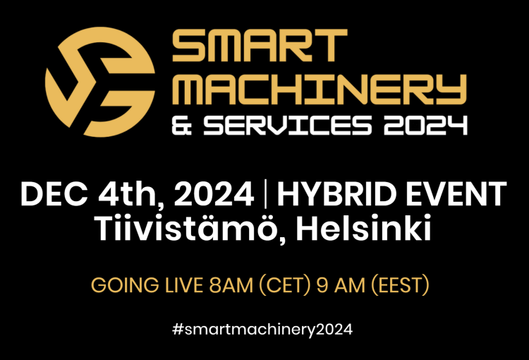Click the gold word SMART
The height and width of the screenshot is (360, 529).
pyautogui.click(x=260, y=45)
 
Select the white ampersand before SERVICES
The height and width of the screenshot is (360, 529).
pyautogui.click(x=182, y=125)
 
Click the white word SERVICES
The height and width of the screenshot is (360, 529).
pyautogui.click(x=288, y=125)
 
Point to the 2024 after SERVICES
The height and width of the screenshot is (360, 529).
pyautogui.click(x=425, y=125)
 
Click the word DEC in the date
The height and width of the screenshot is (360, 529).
pyautogui.click(x=54, y=194)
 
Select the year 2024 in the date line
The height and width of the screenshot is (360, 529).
pyautogui.click(x=214, y=194)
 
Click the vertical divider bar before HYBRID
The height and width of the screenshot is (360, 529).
pyautogui.click(x=265, y=194)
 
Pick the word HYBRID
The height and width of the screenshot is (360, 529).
pyautogui.click(x=337, y=194)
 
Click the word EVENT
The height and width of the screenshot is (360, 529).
pyautogui.click(x=456, y=194)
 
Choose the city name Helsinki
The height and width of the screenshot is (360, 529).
pyautogui.click(x=364, y=227)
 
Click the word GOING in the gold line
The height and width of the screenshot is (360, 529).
pyautogui.click(x=125, y=285)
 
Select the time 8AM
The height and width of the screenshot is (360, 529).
pyautogui.click(x=231, y=285)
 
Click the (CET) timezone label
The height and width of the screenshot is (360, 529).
pyautogui.click(x=284, y=285)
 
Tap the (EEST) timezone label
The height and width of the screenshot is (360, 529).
pyautogui.click(x=400, y=285)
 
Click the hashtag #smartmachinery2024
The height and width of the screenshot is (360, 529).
pyautogui.click(x=262, y=329)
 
